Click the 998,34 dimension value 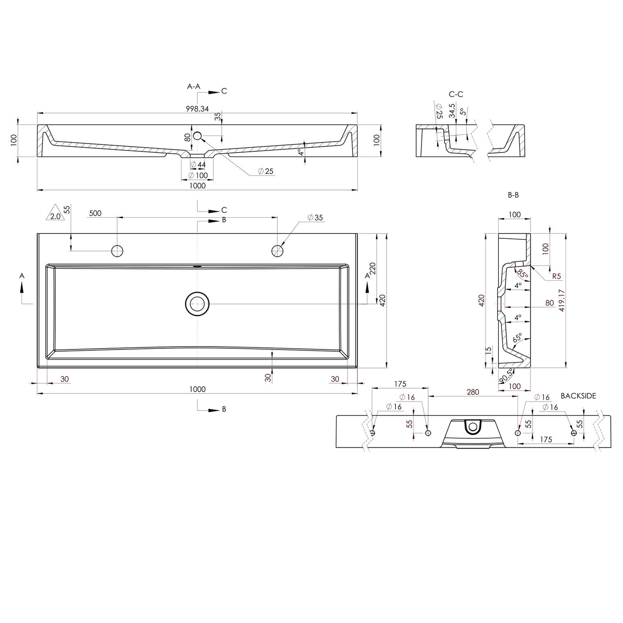[x=197, y=109]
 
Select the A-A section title [x=194, y=87]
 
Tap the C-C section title [x=456, y=94]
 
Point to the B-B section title [x=514, y=194]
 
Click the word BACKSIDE [x=578, y=396]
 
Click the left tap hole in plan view [x=118, y=250]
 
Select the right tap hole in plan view [x=277, y=250]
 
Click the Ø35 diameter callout [x=315, y=218]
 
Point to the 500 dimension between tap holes [x=95, y=213]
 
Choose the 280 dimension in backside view [x=473, y=392]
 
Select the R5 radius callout [x=557, y=276]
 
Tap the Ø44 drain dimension [x=198, y=165]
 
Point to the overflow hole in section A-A [x=198, y=135]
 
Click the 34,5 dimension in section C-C [x=452, y=111]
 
